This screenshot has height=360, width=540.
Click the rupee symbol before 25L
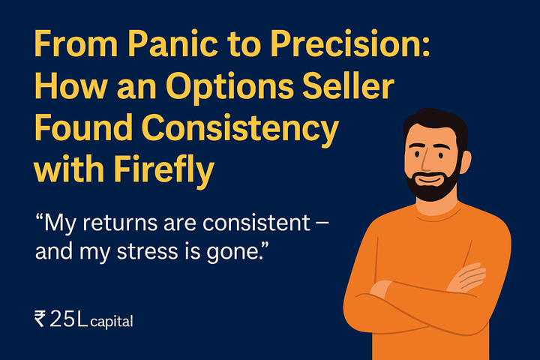pyautogui.click(x=40, y=320)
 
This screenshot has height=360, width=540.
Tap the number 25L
pyautogui.click(x=68, y=320)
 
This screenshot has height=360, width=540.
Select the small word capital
pyautogui.click(x=112, y=322)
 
